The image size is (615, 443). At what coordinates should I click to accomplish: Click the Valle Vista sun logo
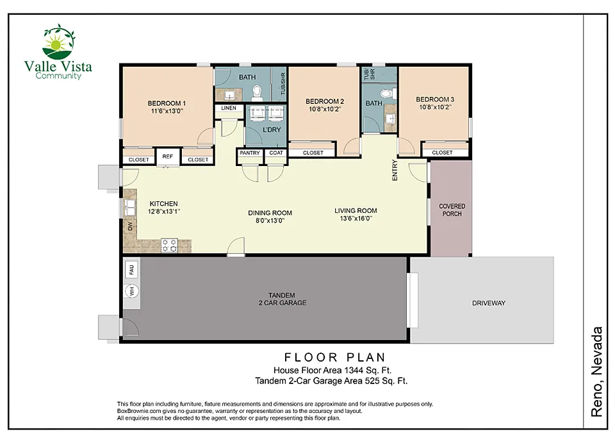[x=58, y=42]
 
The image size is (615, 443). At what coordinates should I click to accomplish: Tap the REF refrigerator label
[x=167, y=156]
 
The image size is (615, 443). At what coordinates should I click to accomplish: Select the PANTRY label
[x=250, y=153]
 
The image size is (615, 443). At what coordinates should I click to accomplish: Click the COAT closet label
[x=276, y=153]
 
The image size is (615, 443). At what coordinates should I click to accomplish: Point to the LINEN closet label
[x=229, y=108]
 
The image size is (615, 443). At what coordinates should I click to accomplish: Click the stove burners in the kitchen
[x=169, y=246]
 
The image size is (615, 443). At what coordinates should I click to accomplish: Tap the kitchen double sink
[x=130, y=208]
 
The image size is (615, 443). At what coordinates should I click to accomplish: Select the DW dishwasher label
[x=130, y=226]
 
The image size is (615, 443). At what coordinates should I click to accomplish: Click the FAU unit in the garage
[x=131, y=269]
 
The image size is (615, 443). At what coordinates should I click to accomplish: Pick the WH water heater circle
[x=132, y=291]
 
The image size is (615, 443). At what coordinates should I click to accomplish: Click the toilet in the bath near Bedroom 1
[x=257, y=92]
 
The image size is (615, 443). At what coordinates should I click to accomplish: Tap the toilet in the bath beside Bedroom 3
[x=387, y=94]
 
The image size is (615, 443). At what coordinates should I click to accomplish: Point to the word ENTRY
[x=395, y=170]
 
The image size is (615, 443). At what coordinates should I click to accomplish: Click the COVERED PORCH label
[x=452, y=210]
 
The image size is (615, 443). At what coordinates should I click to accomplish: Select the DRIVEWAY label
[x=489, y=303]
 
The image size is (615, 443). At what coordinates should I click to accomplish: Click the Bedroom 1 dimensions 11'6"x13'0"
[x=167, y=111]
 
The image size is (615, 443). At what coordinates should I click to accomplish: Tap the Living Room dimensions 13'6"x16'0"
[x=356, y=219]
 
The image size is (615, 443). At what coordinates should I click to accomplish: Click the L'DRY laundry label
[x=272, y=130]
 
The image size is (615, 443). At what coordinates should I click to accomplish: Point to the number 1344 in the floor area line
[x=354, y=370]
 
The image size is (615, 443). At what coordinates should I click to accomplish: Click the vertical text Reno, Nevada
[x=596, y=372]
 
